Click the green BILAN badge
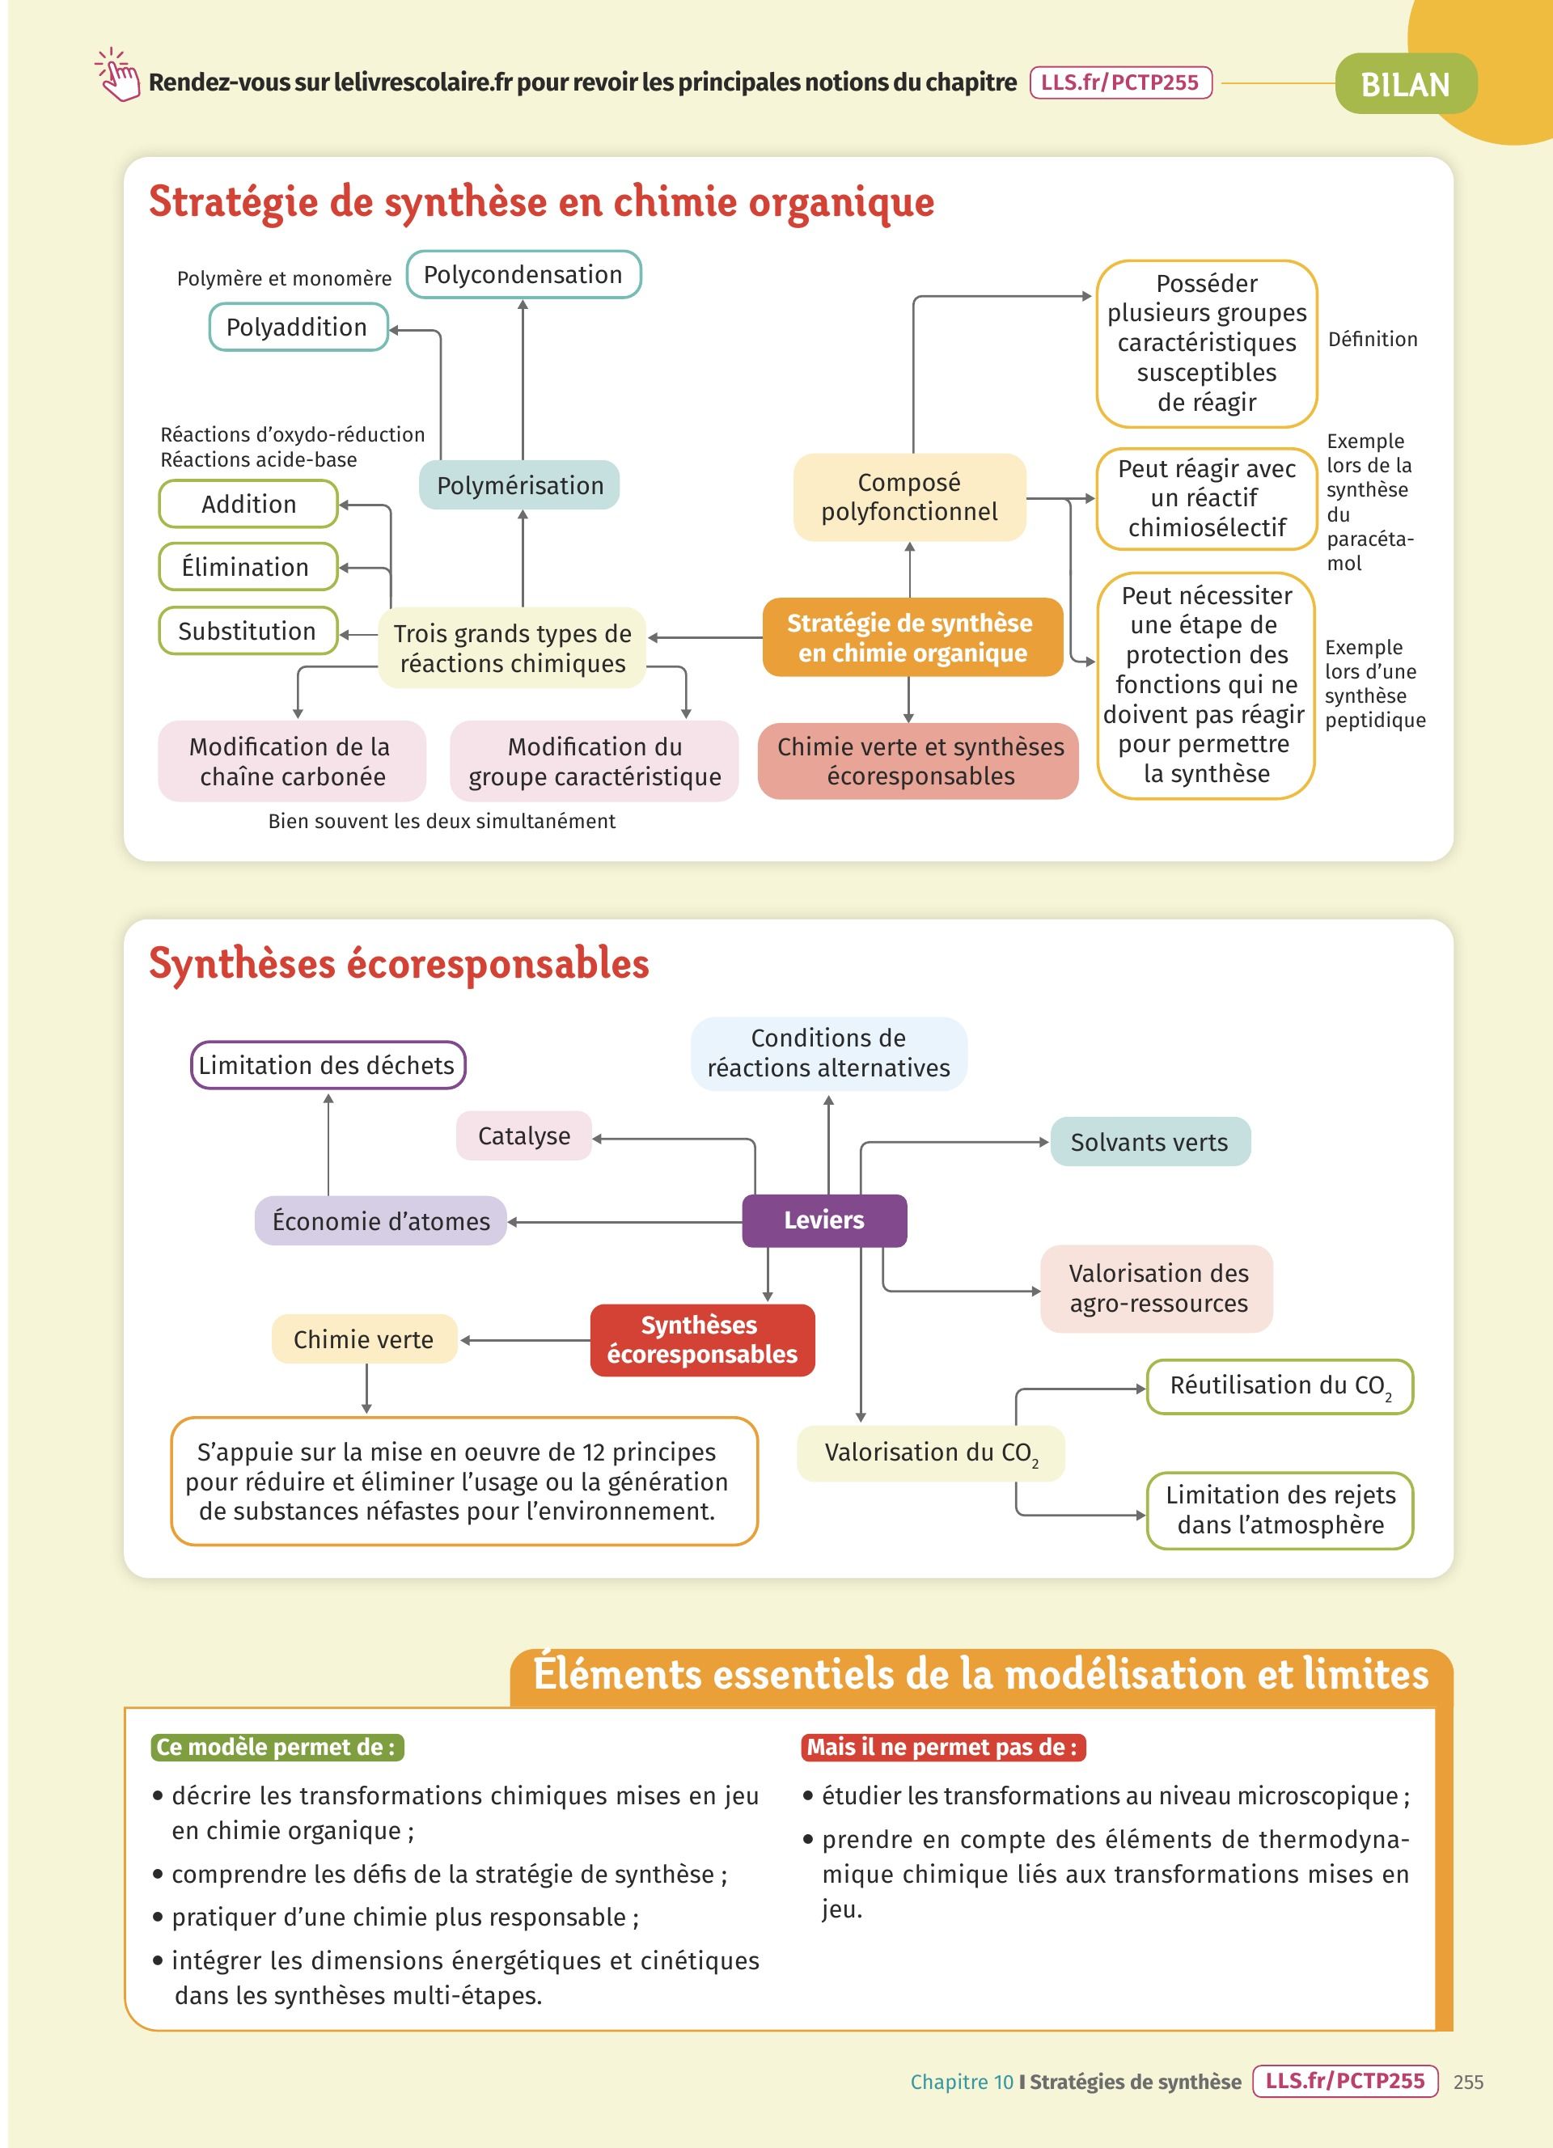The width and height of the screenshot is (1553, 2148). [1405, 85]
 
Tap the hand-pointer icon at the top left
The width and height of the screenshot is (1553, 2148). [117, 76]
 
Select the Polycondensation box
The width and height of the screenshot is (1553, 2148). [523, 275]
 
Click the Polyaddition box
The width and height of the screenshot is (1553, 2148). [298, 327]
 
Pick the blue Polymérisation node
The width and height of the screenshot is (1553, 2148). [520, 485]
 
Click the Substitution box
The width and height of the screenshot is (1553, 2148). [248, 631]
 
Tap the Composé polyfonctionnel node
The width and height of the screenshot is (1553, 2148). [909, 497]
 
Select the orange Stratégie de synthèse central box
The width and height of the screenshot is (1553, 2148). [912, 637]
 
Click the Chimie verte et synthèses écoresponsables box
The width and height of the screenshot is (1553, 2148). [920, 762]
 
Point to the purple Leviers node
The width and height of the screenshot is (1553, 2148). [824, 1220]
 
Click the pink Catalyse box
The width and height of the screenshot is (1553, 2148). [523, 1135]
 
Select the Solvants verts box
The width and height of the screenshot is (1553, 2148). [1149, 1142]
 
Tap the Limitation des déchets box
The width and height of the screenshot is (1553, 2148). [328, 1065]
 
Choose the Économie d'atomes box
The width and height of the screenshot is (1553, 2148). [381, 1221]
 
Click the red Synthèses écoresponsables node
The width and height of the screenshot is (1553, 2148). [702, 1339]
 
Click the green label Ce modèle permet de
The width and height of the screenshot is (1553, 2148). [277, 1748]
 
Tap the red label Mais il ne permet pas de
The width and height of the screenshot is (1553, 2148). [942, 1748]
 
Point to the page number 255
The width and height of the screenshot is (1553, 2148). [1468, 2082]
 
